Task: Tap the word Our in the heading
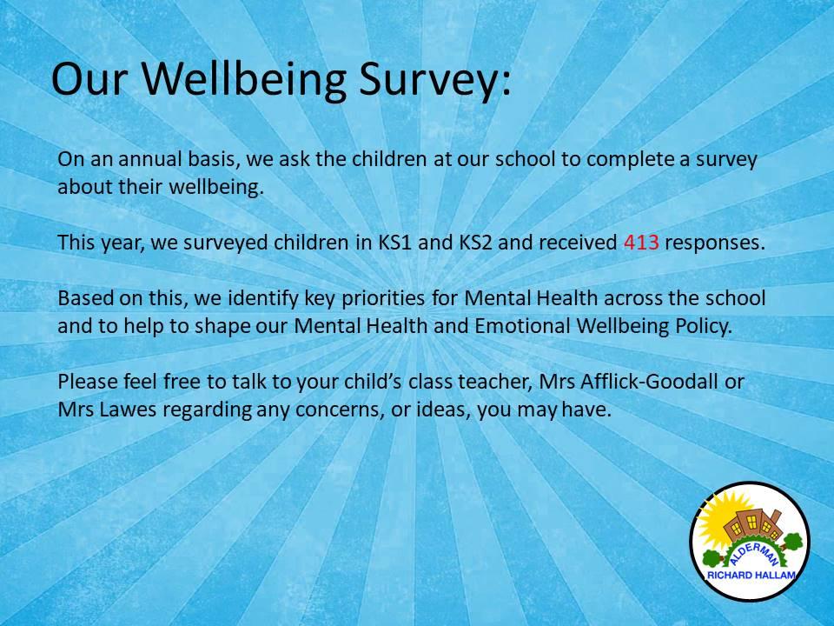[x=89, y=79]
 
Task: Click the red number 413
[x=641, y=243]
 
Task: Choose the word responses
[x=715, y=243]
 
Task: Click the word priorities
[x=383, y=298]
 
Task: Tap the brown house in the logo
[x=751, y=527]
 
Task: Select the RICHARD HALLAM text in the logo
[x=751, y=575]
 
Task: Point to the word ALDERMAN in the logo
[x=754, y=554]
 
